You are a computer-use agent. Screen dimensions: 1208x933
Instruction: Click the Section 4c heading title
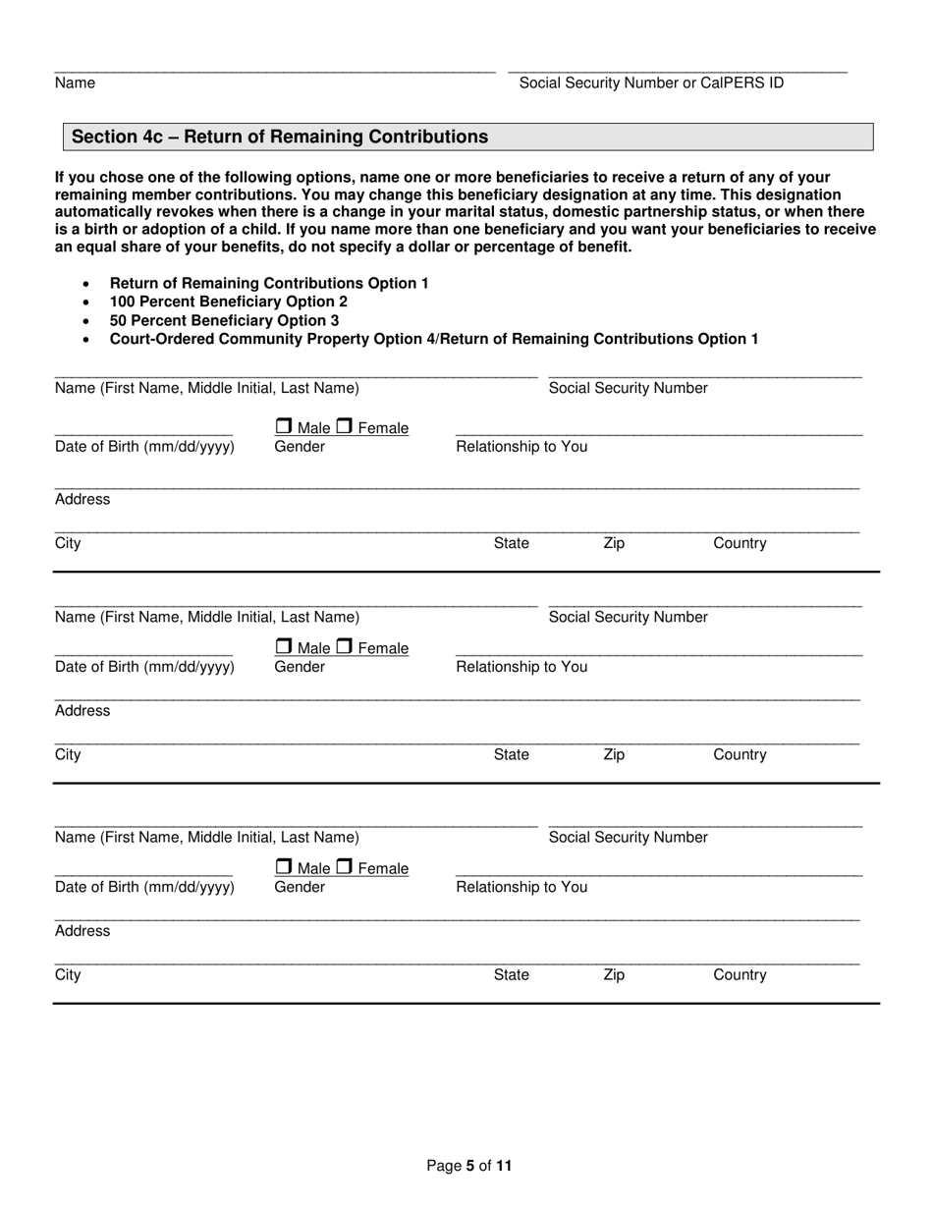click(x=280, y=137)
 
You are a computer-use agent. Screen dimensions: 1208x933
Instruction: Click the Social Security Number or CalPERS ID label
click(x=651, y=82)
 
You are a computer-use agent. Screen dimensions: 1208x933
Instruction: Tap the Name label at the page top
click(x=75, y=82)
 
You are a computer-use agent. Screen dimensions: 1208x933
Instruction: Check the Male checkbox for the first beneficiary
click(x=283, y=427)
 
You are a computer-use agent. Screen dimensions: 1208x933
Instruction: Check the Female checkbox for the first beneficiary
click(x=345, y=427)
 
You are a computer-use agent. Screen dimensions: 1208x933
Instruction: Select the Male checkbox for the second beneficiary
click(x=283, y=647)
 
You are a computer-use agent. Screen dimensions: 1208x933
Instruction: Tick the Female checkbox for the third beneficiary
click(x=345, y=867)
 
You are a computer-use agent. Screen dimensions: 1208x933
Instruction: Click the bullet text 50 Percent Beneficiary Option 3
click(x=224, y=320)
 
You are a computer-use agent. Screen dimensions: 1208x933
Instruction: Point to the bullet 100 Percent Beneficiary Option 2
click(x=228, y=302)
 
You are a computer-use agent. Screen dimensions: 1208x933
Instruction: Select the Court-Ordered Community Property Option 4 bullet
click(x=433, y=339)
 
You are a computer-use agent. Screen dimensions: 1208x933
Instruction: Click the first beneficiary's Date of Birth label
click(x=144, y=447)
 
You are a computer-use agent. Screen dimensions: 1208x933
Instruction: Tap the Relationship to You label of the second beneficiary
click(x=521, y=667)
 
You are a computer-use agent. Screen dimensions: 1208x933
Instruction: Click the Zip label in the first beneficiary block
click(x=613, y=543)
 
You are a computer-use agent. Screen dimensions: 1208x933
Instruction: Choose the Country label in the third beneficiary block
click(x=740, y=974)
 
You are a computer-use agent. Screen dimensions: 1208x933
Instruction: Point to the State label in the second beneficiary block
click(x=511, y=754)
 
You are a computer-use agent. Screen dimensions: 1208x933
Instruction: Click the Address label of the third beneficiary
click(x=82, y=930)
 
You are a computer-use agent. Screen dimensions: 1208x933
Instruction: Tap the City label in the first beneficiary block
click(x=68, y=543)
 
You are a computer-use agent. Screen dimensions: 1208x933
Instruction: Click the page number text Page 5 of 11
click(x=468, y=1166)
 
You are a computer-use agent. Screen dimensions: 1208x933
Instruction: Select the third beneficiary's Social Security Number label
click(x=628, y=837)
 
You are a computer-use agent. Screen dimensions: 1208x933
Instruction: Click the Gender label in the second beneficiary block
click(x=300, y=667)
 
